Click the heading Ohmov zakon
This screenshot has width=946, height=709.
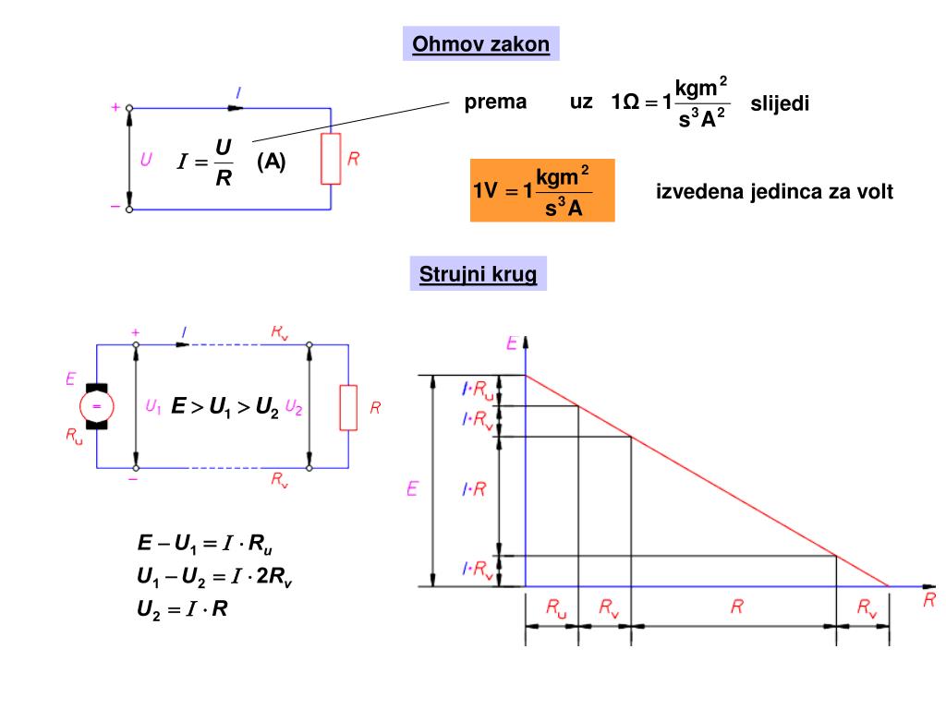click(480, 44)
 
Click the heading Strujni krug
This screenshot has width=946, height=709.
click(478, 275)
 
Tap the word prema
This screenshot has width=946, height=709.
click(495, 102)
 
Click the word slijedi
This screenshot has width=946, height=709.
click(780, 103)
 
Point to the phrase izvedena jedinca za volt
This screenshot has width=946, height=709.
click(774, 192)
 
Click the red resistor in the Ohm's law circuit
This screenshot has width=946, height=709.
click(330, 159)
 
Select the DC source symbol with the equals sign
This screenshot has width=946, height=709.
click(96, 406)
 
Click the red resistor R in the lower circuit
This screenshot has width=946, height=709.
click(348, 407)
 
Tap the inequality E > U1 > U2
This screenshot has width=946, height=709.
click(224, 407)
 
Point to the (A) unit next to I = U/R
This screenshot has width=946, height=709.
click(272, 162)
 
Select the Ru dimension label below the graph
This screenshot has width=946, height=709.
click(555, 607)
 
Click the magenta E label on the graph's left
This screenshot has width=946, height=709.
click(413, 488)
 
